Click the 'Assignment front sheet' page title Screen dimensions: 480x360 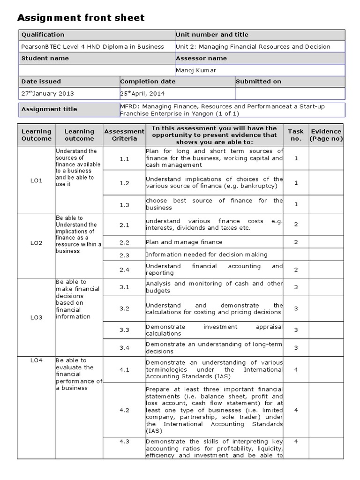click(81, 18)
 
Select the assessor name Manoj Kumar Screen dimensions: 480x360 click(196, 70)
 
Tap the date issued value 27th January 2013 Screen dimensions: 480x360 click(47, 93)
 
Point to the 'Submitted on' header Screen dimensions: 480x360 click(258, 82)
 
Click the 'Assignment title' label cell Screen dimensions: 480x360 click(49, 109)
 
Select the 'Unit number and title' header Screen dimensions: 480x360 click(212, 35)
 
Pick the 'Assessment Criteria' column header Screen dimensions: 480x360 click(124, 135)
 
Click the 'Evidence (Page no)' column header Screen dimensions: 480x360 click(326, 135)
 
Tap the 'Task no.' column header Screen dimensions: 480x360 click(296, 135)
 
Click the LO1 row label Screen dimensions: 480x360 click(37, 180)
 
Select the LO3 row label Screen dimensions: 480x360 click(37, 317)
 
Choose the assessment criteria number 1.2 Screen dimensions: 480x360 click(124, 183)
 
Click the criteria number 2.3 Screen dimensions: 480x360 click(124, 255)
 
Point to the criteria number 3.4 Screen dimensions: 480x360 click(124, 347)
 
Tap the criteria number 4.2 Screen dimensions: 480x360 click(124, 410)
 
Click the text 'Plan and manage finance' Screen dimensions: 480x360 click(184, 242)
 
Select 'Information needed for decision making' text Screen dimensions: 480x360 click(207, 255)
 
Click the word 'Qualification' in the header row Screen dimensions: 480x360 click(43, 35)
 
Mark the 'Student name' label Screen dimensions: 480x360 click(45, 59)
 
